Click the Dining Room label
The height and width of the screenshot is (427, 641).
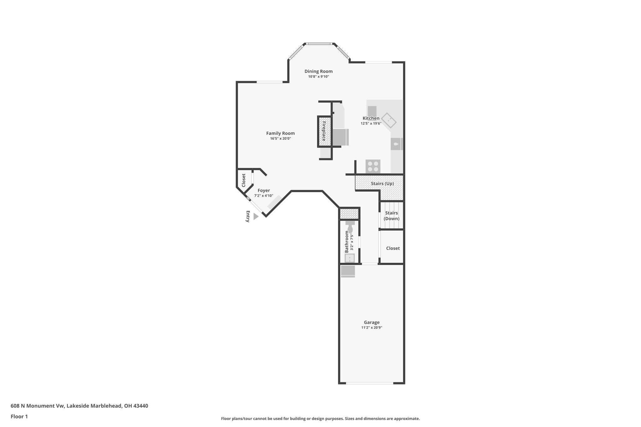(x=318, y=71)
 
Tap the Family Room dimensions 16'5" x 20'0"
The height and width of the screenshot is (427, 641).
(x=280, y=139)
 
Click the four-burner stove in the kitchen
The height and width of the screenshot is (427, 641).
(x=373, y=166)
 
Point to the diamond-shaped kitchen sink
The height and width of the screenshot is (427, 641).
(x=389, y=120)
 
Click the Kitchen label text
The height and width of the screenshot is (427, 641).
(x=371, y=118)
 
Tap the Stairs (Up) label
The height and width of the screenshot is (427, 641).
(x=382, y=184)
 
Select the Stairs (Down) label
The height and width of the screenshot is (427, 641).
(x=392, y=216)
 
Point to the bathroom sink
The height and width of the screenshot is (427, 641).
(x=349, y=258)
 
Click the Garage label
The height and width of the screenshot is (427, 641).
(x=372, y=322)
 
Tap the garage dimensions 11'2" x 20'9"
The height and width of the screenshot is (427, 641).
(x=372, y=328)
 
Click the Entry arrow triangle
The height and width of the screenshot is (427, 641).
(x=256, y=216)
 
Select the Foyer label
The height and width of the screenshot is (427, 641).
(x=264, y=191)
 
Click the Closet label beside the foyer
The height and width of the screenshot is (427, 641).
(x=244, y=180)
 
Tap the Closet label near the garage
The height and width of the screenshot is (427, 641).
(x=393, y=248)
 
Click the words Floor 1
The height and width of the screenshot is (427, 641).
(x=19, y=416)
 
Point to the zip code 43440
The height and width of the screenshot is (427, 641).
(x=141, y=406)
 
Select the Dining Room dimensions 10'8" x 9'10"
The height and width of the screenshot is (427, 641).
(x=318, y=77)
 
